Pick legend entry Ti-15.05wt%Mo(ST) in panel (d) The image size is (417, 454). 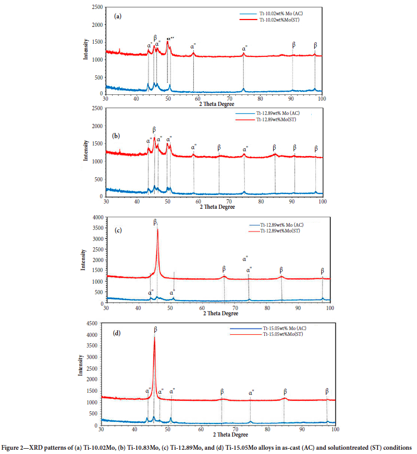[284, 334]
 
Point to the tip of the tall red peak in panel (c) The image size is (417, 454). [157, 229]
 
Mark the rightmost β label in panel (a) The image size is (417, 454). [315, 45]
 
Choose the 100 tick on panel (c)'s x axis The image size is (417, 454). [330, 307]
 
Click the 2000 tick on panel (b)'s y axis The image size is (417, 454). [96, 126]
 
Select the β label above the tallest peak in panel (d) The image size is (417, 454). [155, 329]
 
